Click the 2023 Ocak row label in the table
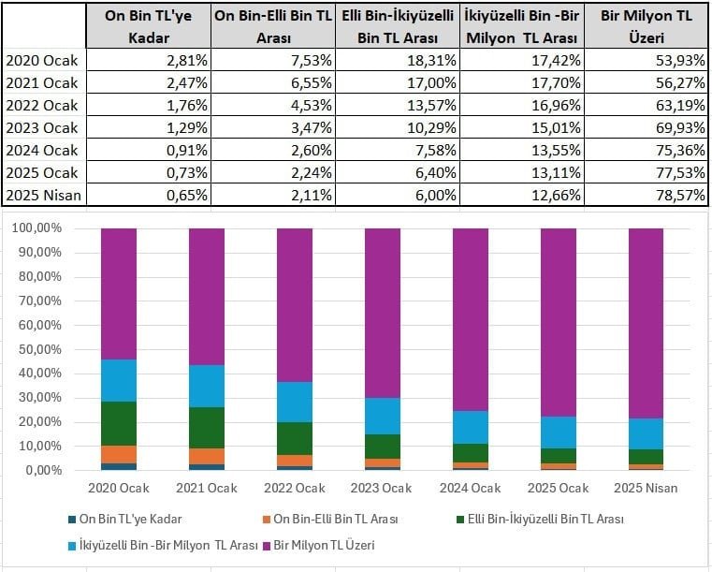click(43, 127)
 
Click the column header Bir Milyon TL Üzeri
click(645, 25)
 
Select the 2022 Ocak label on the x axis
click(294, 488)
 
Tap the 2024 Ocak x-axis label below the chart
click(470, 488)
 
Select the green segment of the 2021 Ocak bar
click(206, 428)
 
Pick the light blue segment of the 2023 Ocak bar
click(382, 416)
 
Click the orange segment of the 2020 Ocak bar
click(118, 454)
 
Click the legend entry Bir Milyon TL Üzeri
click(331, 544)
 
